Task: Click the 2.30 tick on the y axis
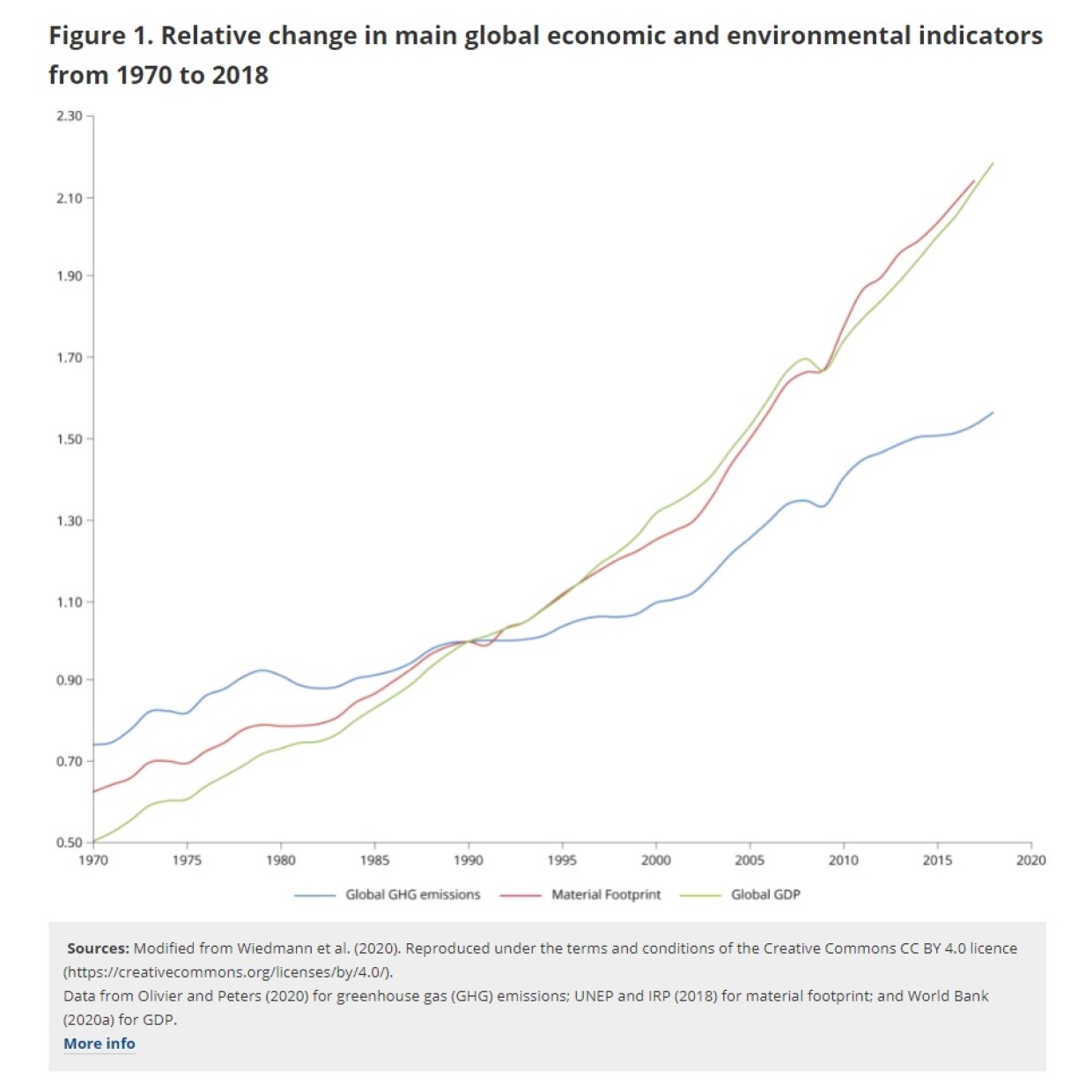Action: coord(70,116)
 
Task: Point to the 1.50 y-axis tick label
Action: coord(70,439)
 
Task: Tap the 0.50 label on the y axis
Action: coord(70,843)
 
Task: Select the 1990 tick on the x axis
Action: coord(468,860)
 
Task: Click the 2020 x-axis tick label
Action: coord(1030,860)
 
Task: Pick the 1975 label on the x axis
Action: coord(187,860)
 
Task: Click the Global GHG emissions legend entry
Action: coord(412,895)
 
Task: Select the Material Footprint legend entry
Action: coord(605,895)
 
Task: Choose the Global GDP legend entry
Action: coord(764,895)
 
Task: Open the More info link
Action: coord(100,1044)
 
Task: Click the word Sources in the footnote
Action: coord(97,948)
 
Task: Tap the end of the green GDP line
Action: coord(993,163)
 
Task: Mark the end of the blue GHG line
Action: coord(993,412)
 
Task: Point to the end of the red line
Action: coord(974,181)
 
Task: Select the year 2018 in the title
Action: coord(240,76)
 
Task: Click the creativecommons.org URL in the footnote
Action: coord(227,972)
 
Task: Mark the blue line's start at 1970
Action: coord(94,744)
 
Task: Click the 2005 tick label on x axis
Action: coord(749,860)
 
